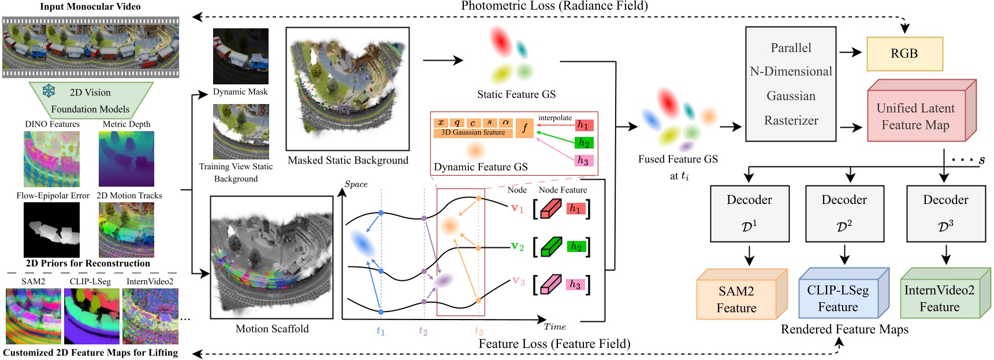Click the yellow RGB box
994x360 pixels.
tap(904, 54)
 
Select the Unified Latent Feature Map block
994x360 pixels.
tap(916, 117)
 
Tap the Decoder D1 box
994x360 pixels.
tap(749, 213)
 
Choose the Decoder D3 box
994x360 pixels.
tap(945, 213)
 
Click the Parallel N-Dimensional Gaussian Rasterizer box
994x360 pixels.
tap(791, 84)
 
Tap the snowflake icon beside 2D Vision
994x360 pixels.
tap(49, 91)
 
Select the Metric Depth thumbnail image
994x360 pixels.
tap(126, 158)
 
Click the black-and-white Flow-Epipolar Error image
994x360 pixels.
tap(51, 230)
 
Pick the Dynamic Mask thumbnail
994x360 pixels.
tap(240, 56)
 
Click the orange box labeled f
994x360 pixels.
tap(524, 128)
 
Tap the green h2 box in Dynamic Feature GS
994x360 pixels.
tap(584, 143)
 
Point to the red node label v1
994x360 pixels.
tap(517, 208)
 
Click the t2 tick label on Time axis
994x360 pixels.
tap(423, 331)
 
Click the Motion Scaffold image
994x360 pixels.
tap(271, 257)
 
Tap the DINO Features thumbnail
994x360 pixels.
tap(51, 158)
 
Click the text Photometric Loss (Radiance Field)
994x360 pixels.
tap(554, 6)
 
